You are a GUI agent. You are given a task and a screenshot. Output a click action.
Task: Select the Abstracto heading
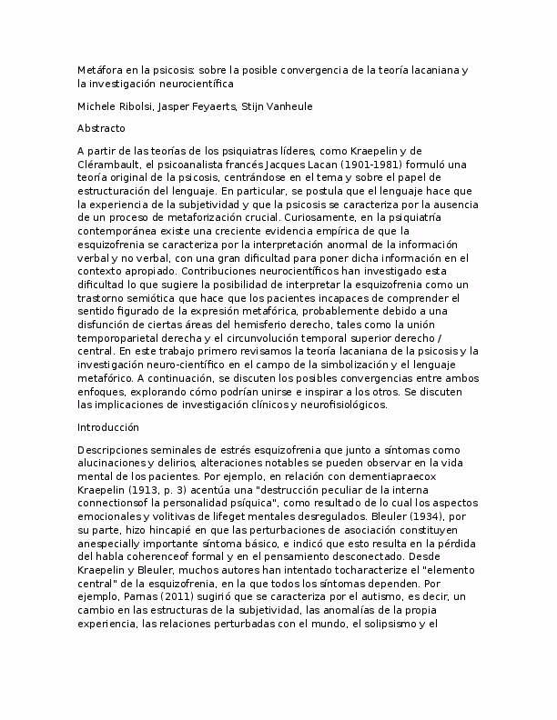tap(101, 128)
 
